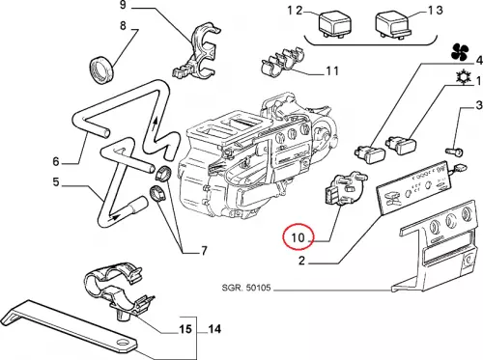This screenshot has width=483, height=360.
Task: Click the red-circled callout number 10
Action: pyautogui.click(x=298, y=237)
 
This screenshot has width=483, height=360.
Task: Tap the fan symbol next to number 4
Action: pyautogui.click(x=460, y=52)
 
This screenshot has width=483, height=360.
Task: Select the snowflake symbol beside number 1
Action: pyautogui.click(x=464, y=77)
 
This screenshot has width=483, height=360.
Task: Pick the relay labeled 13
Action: pyautogui.click(x=393, y=26)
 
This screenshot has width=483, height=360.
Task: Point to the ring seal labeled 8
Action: pyautogui.click(x=101, y=70)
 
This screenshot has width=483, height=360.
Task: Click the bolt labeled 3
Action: pyautogui.click(x=454, y=151)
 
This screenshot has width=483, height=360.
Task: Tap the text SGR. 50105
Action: pyautogui.click(x=246, y=288)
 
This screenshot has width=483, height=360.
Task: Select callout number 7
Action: pyautogui.click(x=204, y=251)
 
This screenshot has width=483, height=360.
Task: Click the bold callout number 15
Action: pyautogui.click(x=185, y=329)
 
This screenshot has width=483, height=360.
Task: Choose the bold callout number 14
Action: pyautogui.click(x=214, y=329)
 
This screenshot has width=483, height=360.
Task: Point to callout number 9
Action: pyautogui.click(x=123, y=5)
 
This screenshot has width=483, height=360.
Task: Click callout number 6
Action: pyautogui.click(x=56, y=161)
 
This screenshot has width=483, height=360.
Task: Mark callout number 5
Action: pyautogui.click(x=56, y=181)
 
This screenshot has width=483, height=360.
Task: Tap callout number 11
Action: pyautogui.click(x=332, y=70)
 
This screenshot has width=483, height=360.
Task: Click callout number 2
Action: pyautogui.click(x=301, y=261)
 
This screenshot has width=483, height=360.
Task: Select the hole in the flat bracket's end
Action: pyautogui.click(x=123, y=343)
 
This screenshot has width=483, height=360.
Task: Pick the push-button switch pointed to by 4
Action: pyautogui.click(x=370, y=153)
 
